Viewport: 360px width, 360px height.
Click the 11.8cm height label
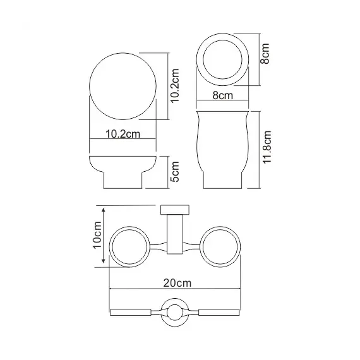click(x=268, y=148)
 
